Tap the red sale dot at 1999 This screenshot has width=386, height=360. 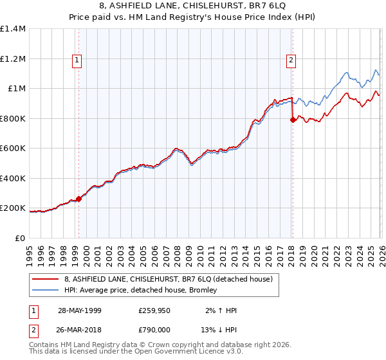pyautogui.click(x=79, y=199)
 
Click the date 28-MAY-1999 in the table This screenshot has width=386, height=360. pyautogui.click(x=79, y=310)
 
